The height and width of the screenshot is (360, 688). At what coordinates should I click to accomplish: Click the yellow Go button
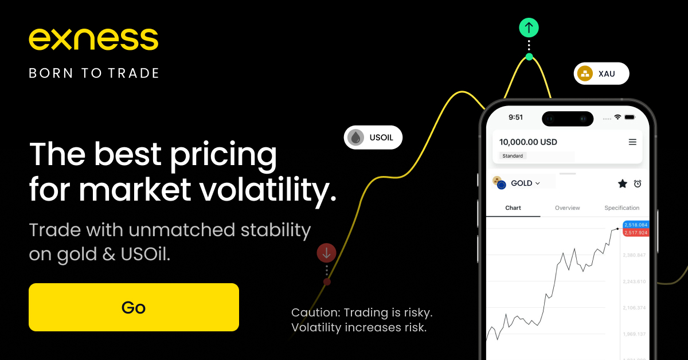tap(134, 307)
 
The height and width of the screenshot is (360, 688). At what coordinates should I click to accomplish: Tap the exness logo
tap(93, 40)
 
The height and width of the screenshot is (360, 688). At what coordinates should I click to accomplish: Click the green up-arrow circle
tap(529, 28)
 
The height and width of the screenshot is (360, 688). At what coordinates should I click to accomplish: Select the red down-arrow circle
tap(326, 253)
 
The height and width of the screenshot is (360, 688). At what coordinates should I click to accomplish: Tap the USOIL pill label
tap(373, 138)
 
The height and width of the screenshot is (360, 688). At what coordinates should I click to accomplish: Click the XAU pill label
tap(601, 74)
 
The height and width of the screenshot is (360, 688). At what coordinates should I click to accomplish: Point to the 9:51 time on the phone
tap(515, 118)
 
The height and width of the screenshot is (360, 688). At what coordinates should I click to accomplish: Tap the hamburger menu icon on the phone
tap(632, 142)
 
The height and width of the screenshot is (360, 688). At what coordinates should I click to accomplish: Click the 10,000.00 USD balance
tap(528, 142)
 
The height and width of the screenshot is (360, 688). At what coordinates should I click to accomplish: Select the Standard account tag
tap(513, 156)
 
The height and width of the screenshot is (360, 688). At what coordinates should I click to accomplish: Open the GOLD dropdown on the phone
tap(525, 183)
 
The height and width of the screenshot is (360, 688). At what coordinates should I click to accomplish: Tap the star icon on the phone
tap(623, 183)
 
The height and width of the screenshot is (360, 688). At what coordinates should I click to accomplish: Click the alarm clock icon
tap(638, 183)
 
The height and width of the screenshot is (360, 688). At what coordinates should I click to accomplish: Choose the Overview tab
tap(567, 208)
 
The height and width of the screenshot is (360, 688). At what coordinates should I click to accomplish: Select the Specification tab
tap(621, 208)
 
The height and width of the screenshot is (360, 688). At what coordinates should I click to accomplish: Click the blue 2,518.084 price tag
tap(636, 225)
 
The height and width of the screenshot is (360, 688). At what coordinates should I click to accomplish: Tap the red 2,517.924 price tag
tap(636, 233)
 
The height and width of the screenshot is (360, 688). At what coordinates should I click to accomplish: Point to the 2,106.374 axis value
tap(634, 308)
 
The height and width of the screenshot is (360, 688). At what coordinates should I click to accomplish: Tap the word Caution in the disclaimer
tap(316, 312)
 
